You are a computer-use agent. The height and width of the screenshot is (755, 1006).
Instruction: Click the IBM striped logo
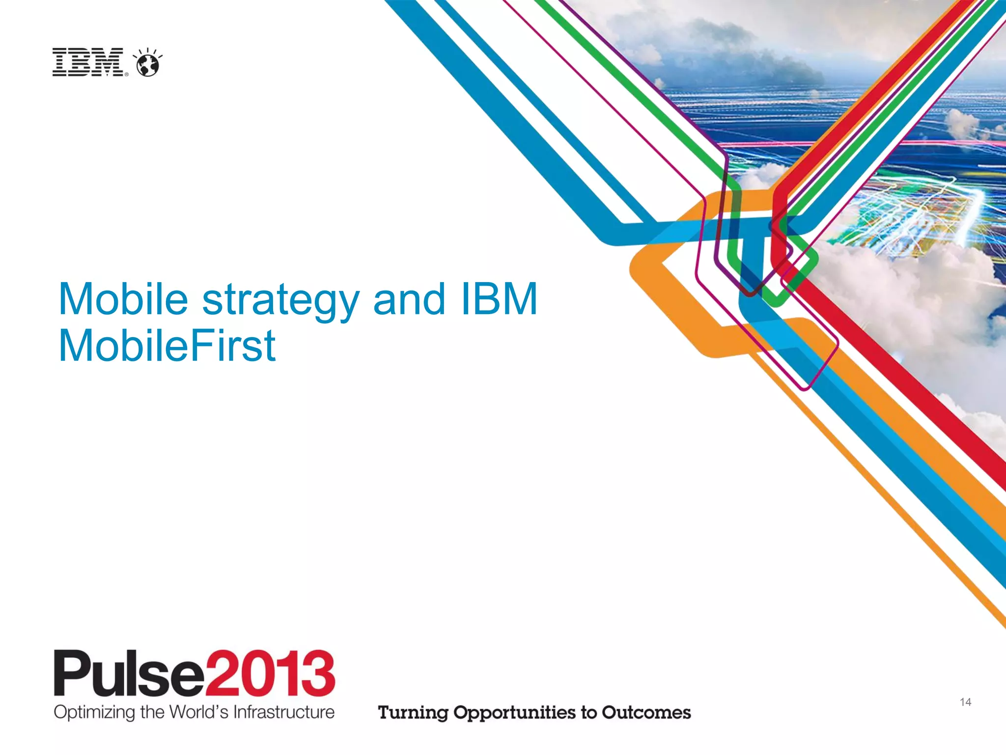click(x=88, y=62)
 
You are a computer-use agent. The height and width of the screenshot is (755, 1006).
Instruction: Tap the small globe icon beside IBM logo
click(x=148, y=63)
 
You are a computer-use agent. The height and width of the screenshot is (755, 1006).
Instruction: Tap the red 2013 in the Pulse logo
click(x=270, y=673)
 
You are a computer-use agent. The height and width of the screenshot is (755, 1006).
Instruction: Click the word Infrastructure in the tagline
click(x=283, y=712)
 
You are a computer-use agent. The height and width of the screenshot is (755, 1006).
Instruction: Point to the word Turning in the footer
click(x=413, y=713)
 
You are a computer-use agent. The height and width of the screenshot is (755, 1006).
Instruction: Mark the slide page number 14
click(x=965, y=702)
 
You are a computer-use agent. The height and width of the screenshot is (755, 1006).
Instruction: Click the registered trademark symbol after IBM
click(x=127, y=75)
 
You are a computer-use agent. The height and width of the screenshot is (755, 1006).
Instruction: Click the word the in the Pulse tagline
click(x=152, y=712)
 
